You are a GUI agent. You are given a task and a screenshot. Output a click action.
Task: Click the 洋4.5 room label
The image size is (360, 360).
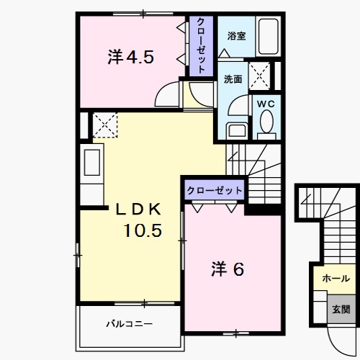[x=130, y=58]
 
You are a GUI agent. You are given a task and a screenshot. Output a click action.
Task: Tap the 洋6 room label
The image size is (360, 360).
[x=227, y=269]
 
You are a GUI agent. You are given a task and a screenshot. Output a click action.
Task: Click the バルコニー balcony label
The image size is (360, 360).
[x=130, y=324]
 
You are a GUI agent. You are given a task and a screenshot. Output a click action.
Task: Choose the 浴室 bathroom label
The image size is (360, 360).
[x=237, y=35]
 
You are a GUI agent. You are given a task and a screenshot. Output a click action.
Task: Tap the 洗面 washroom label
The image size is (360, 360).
[x=233, y=79]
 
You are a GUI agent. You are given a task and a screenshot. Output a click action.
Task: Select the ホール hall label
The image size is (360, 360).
[x=336, y=278]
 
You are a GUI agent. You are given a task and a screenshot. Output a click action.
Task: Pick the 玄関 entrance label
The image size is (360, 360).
[x=341, y=309]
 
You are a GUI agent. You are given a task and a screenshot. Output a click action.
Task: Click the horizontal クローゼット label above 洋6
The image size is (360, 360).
[x=215, y=191]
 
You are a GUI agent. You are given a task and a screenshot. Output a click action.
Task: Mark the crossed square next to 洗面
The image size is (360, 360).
[x=260, y=75]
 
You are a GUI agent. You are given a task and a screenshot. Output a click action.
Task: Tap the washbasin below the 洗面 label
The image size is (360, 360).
[x=235, y=130]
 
